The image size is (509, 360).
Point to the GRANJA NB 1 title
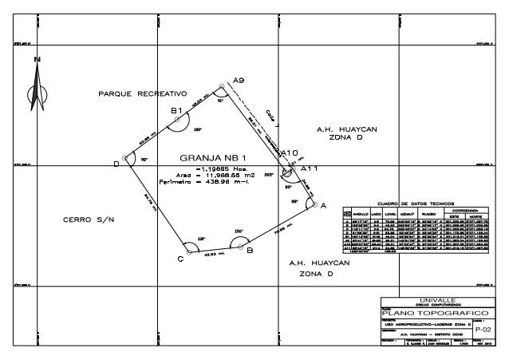[213, 157]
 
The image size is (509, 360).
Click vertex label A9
[239, 78]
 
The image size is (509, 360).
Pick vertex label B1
[177, 109]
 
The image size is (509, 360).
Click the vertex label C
[180, 259]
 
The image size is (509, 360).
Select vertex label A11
[309, 169]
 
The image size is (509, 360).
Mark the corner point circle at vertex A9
[222, 86]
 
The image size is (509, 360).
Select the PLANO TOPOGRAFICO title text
[435, 313]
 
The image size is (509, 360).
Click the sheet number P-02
[483, 328]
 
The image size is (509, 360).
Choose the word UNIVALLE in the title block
[436, 299]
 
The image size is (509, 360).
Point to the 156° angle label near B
[238, 231]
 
